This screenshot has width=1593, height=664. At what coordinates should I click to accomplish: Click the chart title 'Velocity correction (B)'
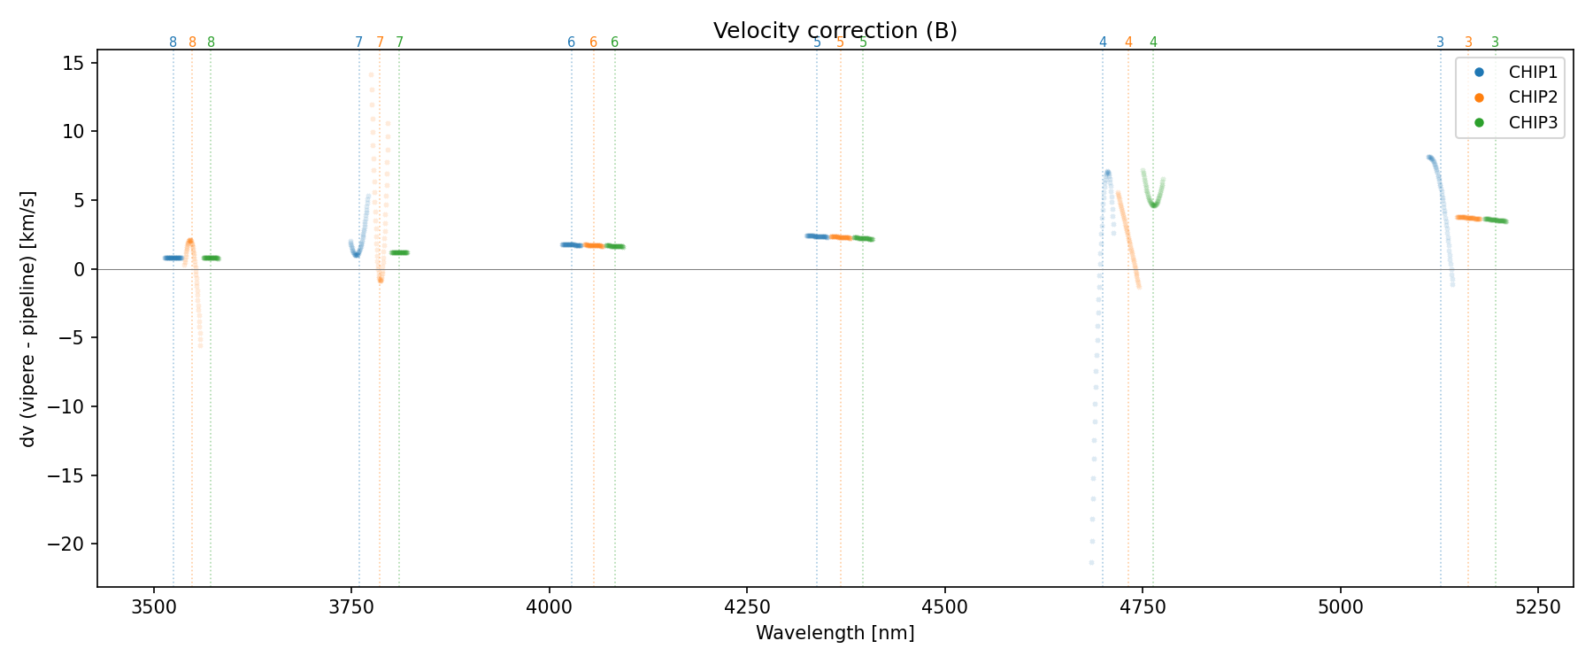(x=835, y=31)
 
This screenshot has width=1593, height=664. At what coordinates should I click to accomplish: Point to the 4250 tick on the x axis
(x=747, y=606)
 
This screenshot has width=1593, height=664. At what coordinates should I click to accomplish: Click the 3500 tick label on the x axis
(x=154, y=606)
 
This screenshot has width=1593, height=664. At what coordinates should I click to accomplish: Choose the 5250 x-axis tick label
(x=1538, y=606)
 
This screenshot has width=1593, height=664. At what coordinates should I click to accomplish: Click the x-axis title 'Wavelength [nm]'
(x=835, y=633)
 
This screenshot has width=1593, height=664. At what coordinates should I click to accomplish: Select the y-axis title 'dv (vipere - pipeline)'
(x=28, y=319)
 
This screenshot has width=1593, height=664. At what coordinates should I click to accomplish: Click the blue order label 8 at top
(x=173, y=42)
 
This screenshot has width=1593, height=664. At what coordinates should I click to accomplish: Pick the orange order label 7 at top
(x=381, y=42)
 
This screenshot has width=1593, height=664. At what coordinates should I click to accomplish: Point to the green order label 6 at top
(x=615, y=42)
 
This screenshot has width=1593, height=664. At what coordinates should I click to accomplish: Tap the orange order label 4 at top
(x=1128, y=42)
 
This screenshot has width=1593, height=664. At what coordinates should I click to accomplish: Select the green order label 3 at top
(x=1496, y=42)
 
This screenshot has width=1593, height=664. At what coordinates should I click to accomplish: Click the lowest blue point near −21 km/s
(x=1091, y=562)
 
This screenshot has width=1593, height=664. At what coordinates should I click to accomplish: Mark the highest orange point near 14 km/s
(x=371, y=74)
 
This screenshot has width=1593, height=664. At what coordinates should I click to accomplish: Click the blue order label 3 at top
(x=1440, y=42)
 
